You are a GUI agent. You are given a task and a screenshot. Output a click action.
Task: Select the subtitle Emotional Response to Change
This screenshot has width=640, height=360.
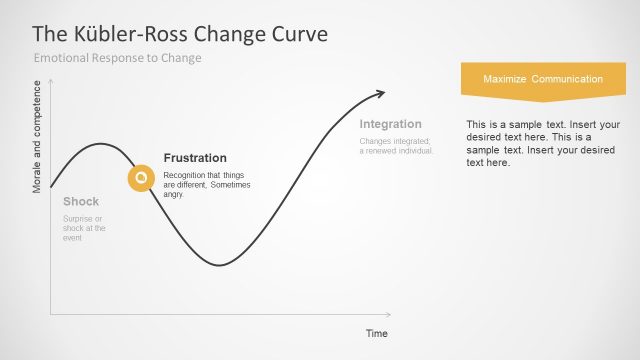click(x=118, y=58)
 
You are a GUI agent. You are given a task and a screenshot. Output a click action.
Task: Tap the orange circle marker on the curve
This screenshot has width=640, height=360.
click(x=141, y=178)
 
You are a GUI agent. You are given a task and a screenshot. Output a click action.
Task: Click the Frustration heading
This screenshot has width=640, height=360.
click(x=195, y=158)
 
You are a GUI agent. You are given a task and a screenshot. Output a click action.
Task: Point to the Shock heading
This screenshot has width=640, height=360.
click(x=81, y=201)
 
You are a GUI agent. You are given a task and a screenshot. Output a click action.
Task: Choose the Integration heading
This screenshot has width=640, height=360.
click(x=390, y=124)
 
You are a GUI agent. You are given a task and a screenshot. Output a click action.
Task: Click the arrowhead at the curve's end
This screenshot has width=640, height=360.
click(x=380, y=94)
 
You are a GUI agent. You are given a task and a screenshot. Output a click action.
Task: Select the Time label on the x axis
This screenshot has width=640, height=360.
click(x=376, y=333)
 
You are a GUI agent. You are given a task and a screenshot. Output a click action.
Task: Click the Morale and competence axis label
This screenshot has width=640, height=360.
click(x=38, y=140)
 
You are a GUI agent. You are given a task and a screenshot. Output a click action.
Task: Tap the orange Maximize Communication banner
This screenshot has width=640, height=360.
click(x=542, y=79)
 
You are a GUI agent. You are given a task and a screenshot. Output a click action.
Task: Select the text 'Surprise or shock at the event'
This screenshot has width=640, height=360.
click(x=84, y=228)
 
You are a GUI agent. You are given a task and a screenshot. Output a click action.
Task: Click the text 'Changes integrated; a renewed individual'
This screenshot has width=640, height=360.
click(x=396, y=146)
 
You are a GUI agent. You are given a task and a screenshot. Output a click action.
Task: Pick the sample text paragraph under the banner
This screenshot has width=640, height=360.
click(x=542, y=143)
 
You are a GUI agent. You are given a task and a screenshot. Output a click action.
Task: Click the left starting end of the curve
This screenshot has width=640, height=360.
click(x=51, y=187)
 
